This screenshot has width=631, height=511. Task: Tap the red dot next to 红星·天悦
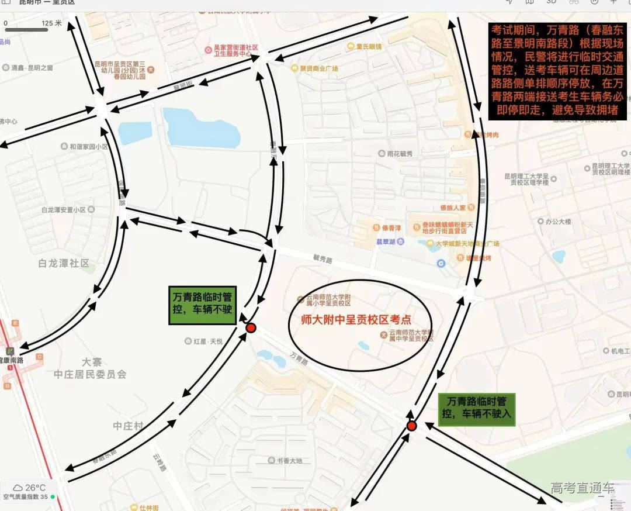click(x=251, y=328)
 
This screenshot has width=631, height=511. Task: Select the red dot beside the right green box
click(x=411, y=426)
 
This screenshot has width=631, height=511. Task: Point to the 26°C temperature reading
click(x=35, y=488)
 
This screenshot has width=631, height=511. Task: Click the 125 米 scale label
click(x=51, y=23)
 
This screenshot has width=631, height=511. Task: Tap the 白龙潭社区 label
click(x=64, y=264)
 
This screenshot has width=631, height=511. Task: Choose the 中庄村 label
click(x=129, y=426)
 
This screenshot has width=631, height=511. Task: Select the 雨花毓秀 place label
click(x=400, y=154)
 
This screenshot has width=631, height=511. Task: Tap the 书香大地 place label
click(x=289, y=461)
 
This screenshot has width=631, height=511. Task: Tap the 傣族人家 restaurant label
click(x=453, y=208)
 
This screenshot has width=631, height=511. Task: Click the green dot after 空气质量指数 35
click(x=53, y=497)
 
